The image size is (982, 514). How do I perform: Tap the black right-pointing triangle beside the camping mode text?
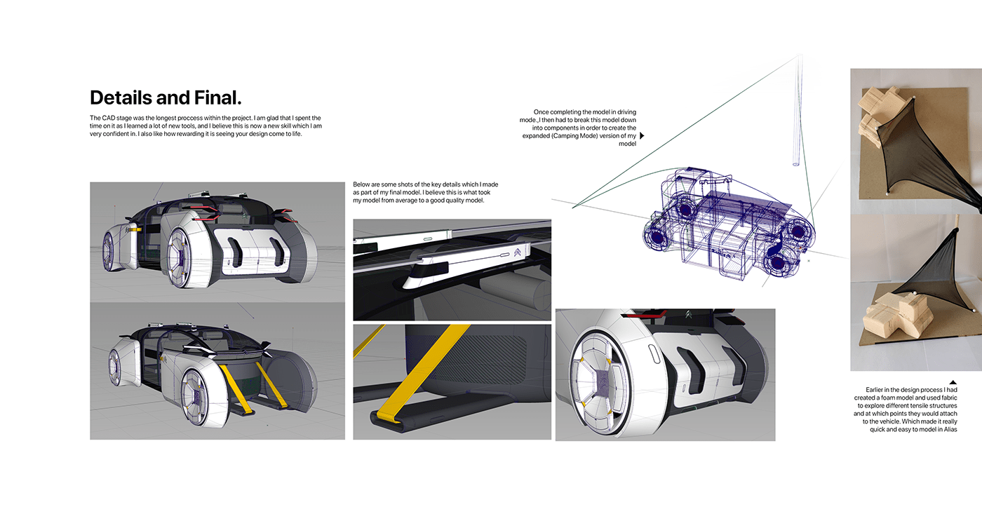click(x=642, y=135)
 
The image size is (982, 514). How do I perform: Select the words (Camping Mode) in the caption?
click(x=591, y=136)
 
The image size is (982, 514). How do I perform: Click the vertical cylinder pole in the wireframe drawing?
click(x=797, y=112)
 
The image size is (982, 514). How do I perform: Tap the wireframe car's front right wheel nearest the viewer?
click(x=783, y=266)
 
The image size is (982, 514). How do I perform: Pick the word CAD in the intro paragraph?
click(x=107, y=118)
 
